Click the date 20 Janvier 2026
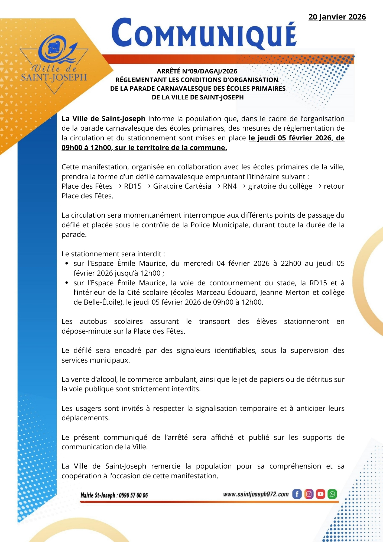pos(337,17)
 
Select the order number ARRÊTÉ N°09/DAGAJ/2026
pos(197,71)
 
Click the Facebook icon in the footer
pos(297,494)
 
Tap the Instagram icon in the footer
pos(309,494)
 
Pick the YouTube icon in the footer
pos(320,494)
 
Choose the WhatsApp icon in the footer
pos(332,494)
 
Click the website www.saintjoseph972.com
pos(256,494)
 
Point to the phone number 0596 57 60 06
pos(133,495)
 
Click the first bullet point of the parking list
pos(67,264)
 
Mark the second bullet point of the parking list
pos(67,283)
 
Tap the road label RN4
pos(230,186)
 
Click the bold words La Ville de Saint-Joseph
pos(103,119)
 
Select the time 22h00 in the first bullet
pos(291,263)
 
